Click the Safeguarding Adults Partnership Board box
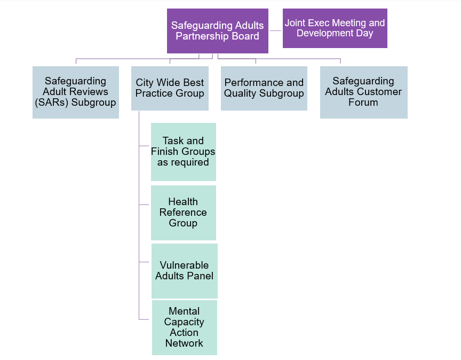click(x=217, y=31)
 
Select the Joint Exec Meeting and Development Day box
click(x=335, y=28)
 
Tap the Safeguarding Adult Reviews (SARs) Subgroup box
click(x=75, y=92)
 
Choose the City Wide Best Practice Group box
click(x=170, y=88)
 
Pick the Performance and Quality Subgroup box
click(x=264, y=88)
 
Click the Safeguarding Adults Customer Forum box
click(x=363, y=92)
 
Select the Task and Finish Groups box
click(x=183, y=152)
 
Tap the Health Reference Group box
click(x=183, y=213)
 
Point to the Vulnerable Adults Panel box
click(x=184, y=271)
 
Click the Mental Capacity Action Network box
click(x=184, y=327)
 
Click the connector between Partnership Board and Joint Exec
click(x=275, y=31)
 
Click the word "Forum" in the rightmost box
click(x=363, y=103)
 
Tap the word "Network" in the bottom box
click(x=184, y=343)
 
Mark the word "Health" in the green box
click(x=183, y=202)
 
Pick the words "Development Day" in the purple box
click(x=335, y=33)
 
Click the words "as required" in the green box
click(x=183, y=162)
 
